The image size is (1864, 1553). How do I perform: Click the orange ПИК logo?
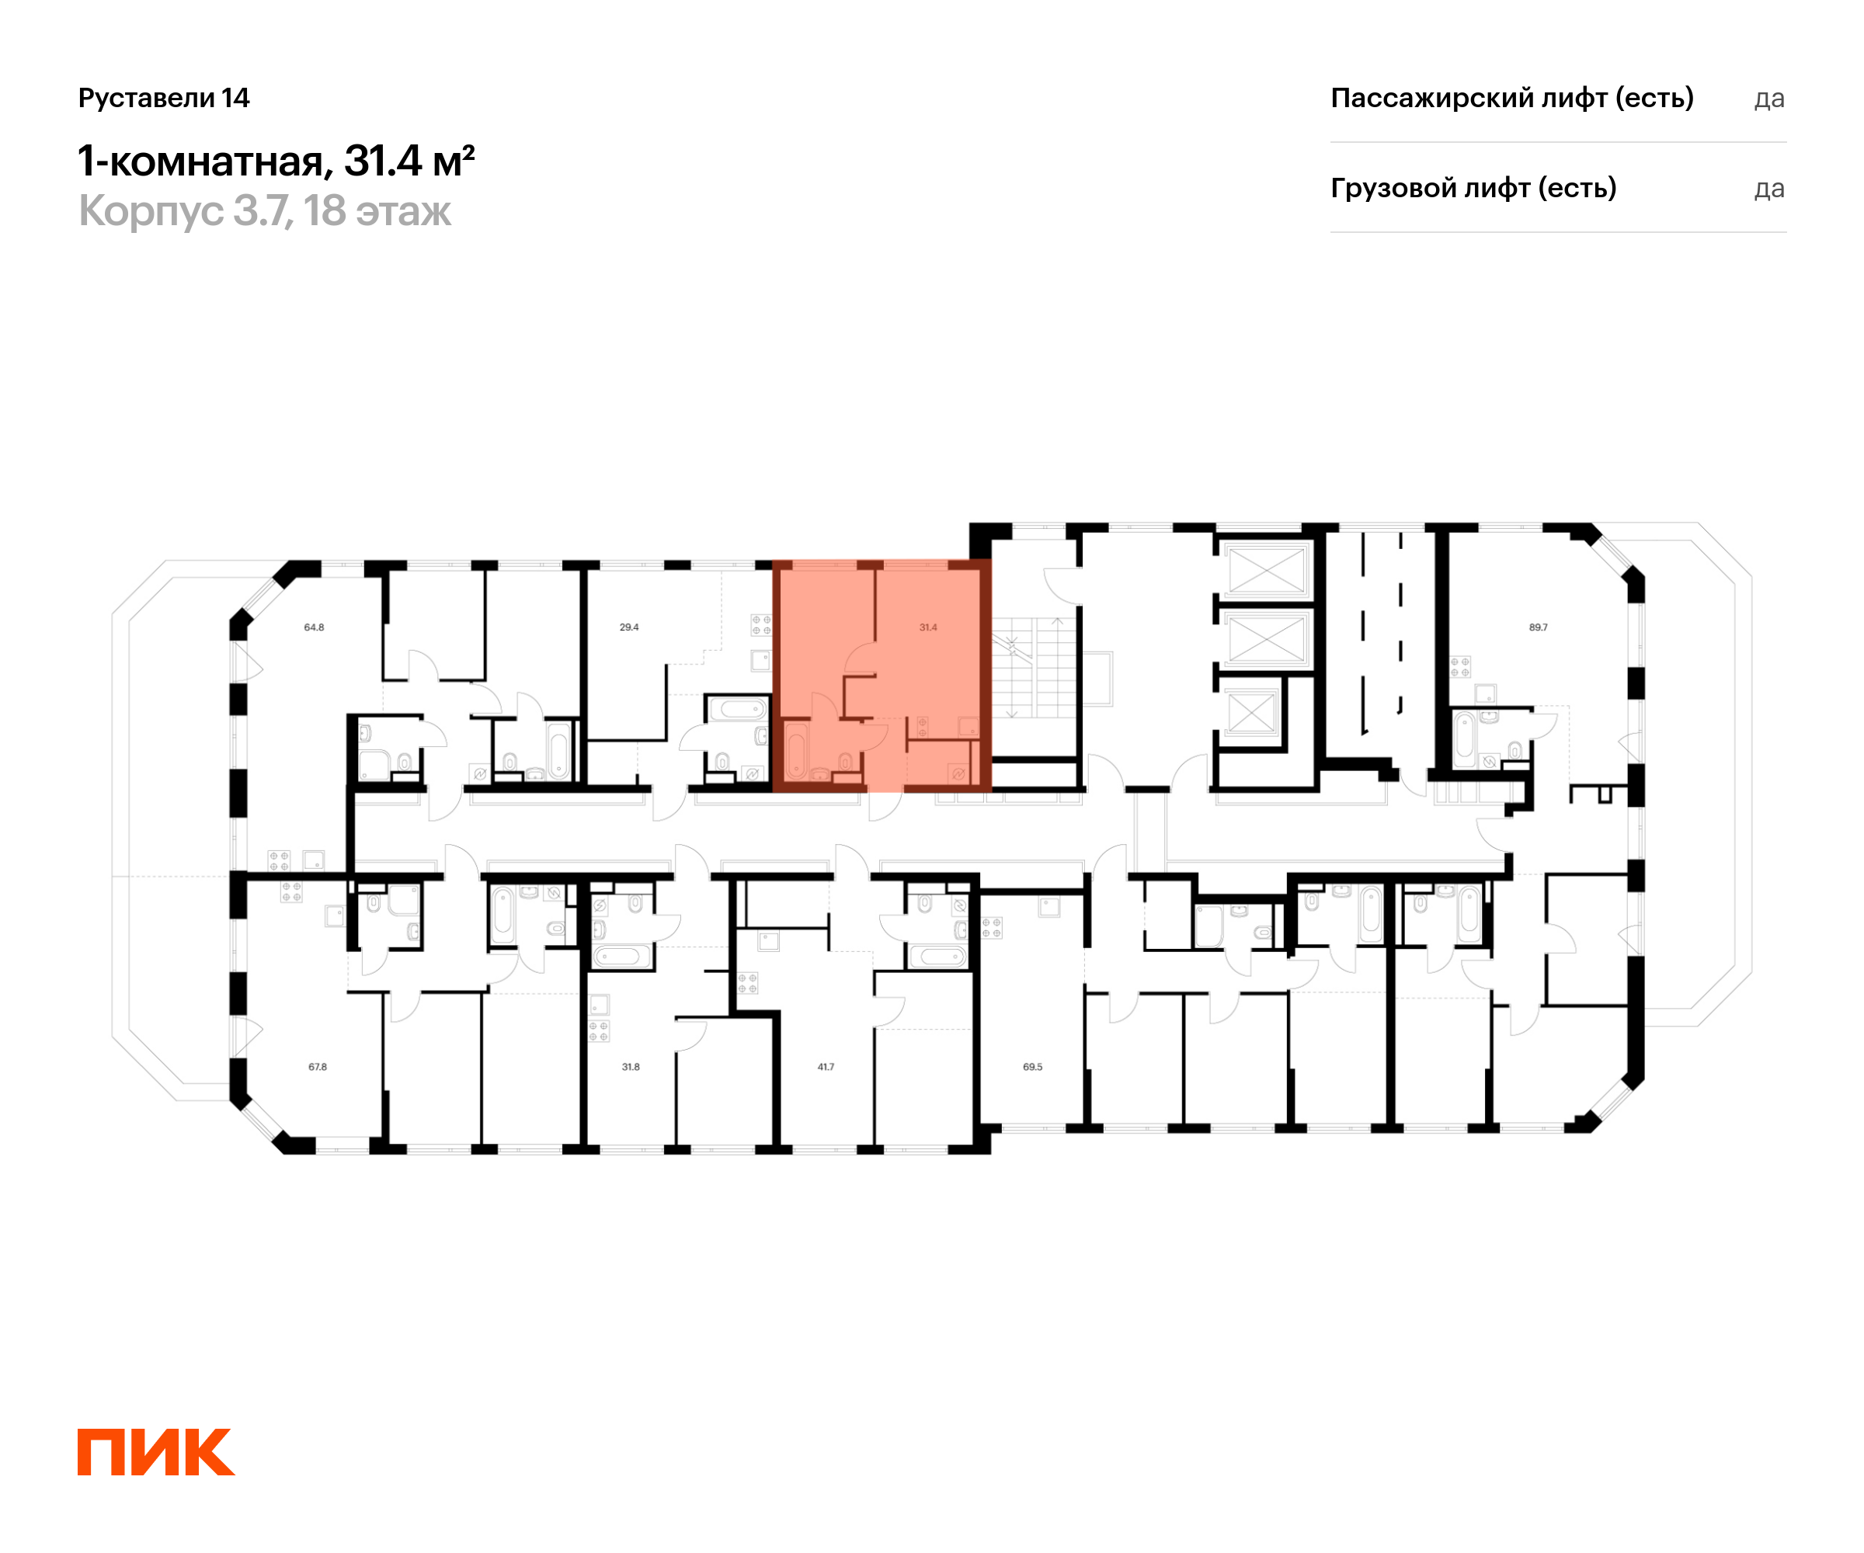(x=156, y=1452)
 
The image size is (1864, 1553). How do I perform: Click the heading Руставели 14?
(x=164, y=98)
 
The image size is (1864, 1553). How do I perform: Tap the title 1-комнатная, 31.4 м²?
(x=276, y=162)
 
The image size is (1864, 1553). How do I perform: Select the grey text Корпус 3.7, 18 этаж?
(x=265, y=211)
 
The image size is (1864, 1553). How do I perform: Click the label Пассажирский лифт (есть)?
(x=1511, y=99)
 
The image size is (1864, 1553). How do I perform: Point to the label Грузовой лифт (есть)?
(x=1473, y=188)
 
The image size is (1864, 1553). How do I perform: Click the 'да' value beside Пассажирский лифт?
(x=1769, y=99)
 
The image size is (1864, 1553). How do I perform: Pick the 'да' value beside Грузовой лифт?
(x=1769, y=189)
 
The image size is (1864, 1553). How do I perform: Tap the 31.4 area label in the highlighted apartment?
(x=927, y=627)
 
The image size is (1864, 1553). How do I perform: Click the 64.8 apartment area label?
(x=315, y=627)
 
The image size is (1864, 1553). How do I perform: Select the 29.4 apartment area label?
(x=629, y=627)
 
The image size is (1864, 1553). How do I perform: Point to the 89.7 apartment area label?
(x=1539, y=627)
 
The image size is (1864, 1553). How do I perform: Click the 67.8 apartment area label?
(x=318, y=1067)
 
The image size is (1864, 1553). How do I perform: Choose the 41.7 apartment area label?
(x=826, y=1067)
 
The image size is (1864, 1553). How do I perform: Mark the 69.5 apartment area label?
(x=1032, y=1067)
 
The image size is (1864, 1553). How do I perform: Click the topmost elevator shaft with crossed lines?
(x=1267, y=570)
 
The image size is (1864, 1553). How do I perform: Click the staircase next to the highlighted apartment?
(x=1033, y=669)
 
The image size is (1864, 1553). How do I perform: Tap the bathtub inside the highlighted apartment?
(x=796, y=751)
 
